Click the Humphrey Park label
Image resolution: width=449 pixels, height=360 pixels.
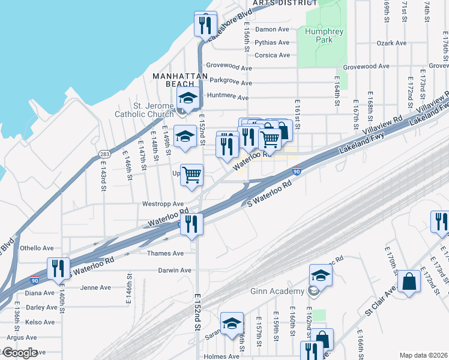(x=319, y=35)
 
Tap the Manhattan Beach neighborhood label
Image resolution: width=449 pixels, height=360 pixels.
(x=180, y=81)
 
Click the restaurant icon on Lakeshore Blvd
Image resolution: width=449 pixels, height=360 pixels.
(x=205, y=25)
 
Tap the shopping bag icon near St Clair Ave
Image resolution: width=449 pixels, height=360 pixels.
(x=409, y=282)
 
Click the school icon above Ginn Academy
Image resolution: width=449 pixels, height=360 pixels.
(x=321, y=277)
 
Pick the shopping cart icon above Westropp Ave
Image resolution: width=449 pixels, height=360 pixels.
(x=192, y=175)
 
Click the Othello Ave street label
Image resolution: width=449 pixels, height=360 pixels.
(x=37, y=248)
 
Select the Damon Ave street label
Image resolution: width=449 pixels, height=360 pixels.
(x=272, y=29)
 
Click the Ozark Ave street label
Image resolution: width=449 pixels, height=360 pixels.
(x=391, y=43)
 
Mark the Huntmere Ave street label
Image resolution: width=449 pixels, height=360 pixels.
(x=228, y=97)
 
